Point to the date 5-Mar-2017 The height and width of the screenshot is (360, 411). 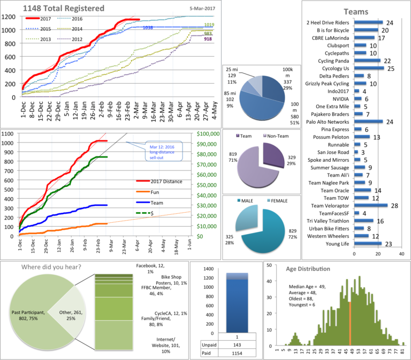pyautogui.click(x=202, y=9)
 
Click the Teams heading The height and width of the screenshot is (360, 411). pyautogui.click(x=355, y=11)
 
